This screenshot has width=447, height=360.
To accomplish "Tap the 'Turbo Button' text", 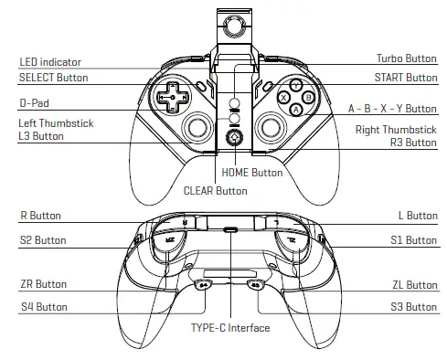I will [407, 58].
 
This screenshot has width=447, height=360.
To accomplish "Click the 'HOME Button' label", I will [251, 172].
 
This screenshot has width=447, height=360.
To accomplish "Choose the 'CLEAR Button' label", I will [215, 191].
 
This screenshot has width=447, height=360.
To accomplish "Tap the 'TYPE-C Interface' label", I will [229, 327].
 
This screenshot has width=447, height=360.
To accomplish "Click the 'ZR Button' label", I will [42, 284].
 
